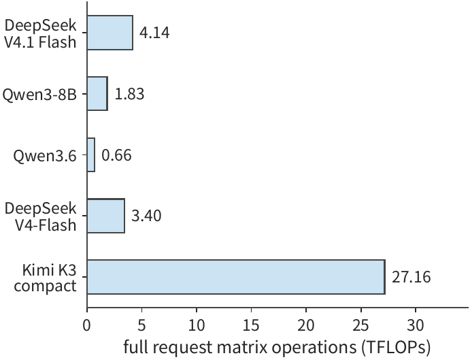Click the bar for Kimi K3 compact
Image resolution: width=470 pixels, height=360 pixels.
[236, 277]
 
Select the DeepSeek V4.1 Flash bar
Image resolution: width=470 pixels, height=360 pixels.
[110, 33]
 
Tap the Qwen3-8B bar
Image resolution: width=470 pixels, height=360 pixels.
[97, 94]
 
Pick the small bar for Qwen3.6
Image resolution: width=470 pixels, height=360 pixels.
[91, 154]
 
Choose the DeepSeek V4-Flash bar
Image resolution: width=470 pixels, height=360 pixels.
[106, 216]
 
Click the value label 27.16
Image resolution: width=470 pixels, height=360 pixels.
[412, 277]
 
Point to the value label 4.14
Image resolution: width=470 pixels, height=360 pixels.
[154, 33]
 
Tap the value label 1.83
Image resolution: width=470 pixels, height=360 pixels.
[129, 94]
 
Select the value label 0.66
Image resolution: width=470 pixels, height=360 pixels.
[116, 154]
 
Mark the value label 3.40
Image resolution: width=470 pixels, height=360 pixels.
[146, 216]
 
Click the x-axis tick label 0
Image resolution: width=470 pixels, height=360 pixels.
[87, 326]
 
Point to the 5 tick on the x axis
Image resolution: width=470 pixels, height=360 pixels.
[141, 326]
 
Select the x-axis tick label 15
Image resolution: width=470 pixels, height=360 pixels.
[251, 326]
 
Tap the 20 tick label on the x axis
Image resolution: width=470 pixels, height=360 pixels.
[306, 326]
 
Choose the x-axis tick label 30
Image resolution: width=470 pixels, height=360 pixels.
[416, 326]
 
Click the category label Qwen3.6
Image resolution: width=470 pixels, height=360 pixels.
[45, 156]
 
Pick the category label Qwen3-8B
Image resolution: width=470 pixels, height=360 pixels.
[39, 95]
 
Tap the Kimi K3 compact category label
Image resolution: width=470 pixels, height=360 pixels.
[46, 278]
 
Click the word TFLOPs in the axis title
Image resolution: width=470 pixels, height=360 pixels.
[397, 348]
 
